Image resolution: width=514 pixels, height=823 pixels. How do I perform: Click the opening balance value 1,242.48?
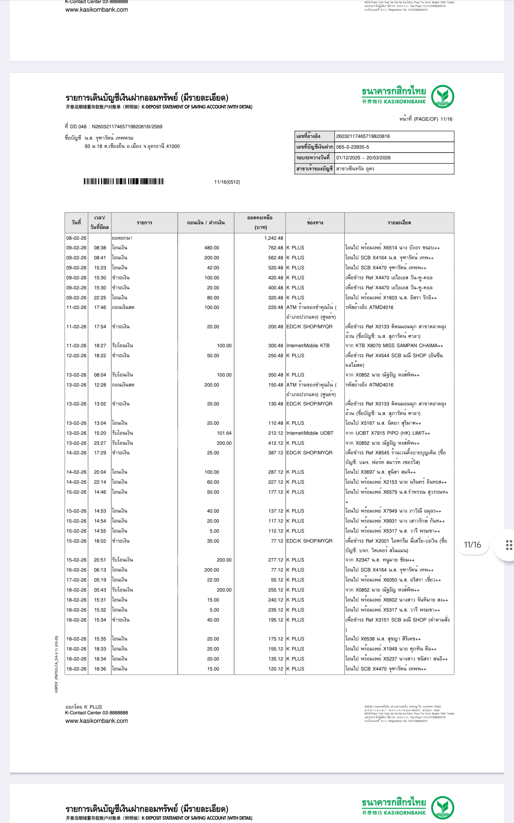click(x=273, y=238)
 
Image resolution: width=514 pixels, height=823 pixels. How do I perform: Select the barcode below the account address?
click(x=124, y=181)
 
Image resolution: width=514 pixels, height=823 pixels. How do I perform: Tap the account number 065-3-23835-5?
click(x=353, y=147)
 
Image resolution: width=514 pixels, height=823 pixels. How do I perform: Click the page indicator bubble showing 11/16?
click(x=472, y=545)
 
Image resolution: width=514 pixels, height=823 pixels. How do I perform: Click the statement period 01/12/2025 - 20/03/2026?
click(x=363, y=158)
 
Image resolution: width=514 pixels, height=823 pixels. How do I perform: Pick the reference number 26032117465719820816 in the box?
click(x=363, y=136)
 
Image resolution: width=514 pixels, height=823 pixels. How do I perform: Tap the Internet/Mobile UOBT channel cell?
click(x=309, y=433)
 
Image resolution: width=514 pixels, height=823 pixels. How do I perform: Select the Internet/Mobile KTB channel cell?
click(x=308, y=345)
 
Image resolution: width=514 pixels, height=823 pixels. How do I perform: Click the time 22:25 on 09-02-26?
click(x=100, y=298)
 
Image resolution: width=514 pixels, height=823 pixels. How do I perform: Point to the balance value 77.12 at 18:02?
click(x=277, y=541)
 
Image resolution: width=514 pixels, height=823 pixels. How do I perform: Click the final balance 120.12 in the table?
click(x=276, y=669)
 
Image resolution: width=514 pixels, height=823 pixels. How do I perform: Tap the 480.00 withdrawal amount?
click(x=212, y=248)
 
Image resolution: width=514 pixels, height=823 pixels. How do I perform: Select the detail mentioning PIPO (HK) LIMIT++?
click(x=388, y=433)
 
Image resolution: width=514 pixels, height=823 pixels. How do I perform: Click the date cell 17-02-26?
click(x=76, y=580)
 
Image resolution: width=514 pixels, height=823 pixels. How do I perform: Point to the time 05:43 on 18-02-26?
click(x=100, y=590)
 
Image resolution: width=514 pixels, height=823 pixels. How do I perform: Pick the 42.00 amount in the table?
click(x=213, y=268)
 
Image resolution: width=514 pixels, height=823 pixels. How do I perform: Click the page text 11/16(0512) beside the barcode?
click(x=227, y=182)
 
